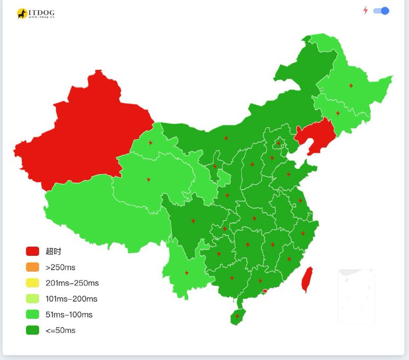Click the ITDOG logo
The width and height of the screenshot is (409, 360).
pos(35,14)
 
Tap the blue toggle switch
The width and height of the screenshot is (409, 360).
pos(381,11)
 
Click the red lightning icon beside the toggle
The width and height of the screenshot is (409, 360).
pos(365,10)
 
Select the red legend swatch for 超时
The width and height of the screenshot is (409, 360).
pos(33,251)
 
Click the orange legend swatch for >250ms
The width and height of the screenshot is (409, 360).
pos(33,267)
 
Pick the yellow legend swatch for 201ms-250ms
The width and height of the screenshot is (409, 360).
pos(33,283)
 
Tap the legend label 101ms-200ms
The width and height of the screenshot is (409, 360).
pos(71,299)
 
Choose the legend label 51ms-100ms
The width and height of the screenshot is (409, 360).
pos(69,315)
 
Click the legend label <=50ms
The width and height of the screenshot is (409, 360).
pos(60,330)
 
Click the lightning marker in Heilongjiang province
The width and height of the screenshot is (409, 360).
pos(351,86)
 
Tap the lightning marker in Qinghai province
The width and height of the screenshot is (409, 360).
pos(149,180)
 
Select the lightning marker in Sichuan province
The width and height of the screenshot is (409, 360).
pos(193,221)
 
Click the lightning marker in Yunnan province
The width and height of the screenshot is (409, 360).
pos(186,273)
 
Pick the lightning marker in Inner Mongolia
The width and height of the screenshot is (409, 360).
pos(226,138)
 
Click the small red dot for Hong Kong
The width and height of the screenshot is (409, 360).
pos(264,291)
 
